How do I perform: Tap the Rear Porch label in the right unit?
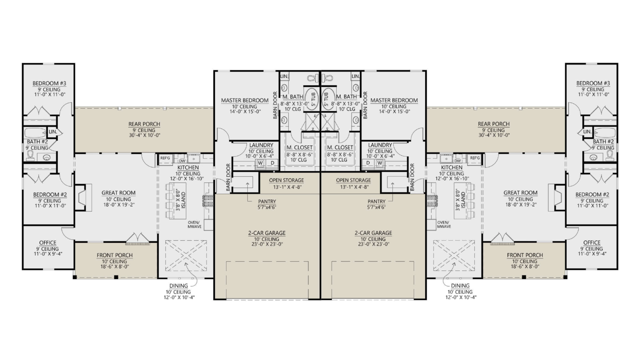(494, 124)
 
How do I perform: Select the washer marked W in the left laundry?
(260, 163)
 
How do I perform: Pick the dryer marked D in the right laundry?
(368, 163)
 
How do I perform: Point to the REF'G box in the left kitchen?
(165, 158)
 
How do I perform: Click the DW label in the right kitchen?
(458, 161)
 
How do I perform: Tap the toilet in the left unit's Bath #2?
(31, 155)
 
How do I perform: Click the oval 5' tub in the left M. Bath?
(312, 98)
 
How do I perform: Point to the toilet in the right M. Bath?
(328, 78)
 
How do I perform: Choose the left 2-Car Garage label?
(266, 233)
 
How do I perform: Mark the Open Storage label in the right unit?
(353, 180)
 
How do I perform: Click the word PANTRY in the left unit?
(267, 201)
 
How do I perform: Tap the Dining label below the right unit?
(460, 286)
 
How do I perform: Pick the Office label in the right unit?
(592, 243)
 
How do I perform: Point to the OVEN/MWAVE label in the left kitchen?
(195, 224)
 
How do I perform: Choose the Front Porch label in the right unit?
(525, 255)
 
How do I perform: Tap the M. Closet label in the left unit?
(299, 147)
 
